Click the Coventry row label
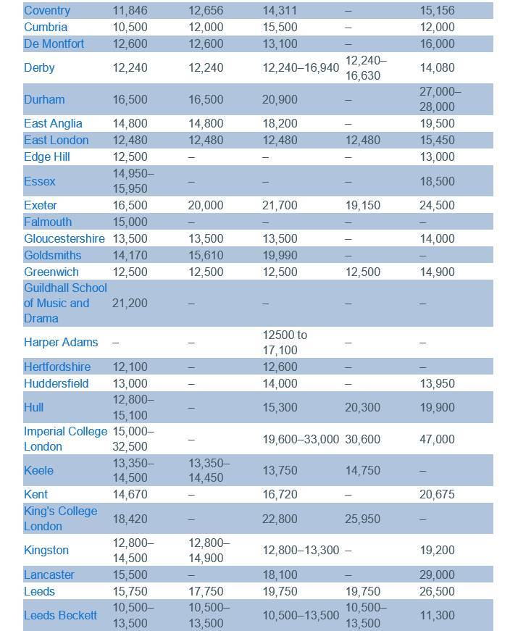[47, 10]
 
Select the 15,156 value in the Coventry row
[437, 10]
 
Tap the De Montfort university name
[54, 43]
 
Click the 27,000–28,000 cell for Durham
[440, 99]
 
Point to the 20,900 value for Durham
[280, 99]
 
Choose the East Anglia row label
[53, 123]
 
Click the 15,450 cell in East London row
[437, 140]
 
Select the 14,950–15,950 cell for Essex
[133, 181]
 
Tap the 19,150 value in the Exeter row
[362, 205]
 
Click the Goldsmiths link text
[52, 255]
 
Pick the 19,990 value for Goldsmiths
[280, 255]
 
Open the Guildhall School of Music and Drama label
[65, 303]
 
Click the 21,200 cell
[130, 303]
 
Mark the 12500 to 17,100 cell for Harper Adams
[285, 342]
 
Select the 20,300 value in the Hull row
[362, 407]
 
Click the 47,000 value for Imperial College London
[437, 439]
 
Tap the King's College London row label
[60, 519]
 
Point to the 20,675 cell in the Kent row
[437, 494]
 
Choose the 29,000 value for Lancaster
[437, 574]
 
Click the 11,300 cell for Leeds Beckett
[437, 615]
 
